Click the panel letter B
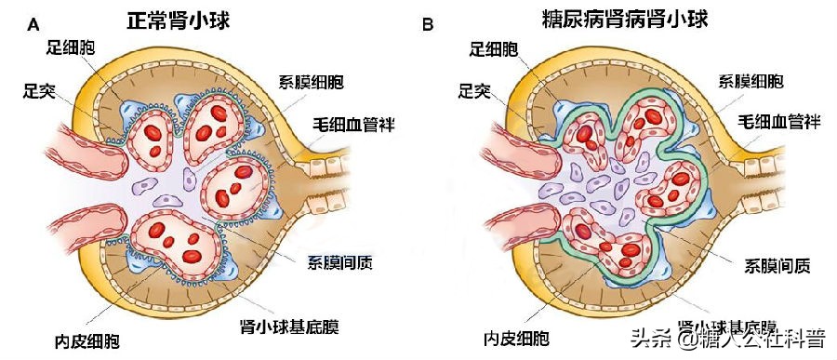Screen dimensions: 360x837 [429, 24]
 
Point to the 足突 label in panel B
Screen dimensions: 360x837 [476, 90]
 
